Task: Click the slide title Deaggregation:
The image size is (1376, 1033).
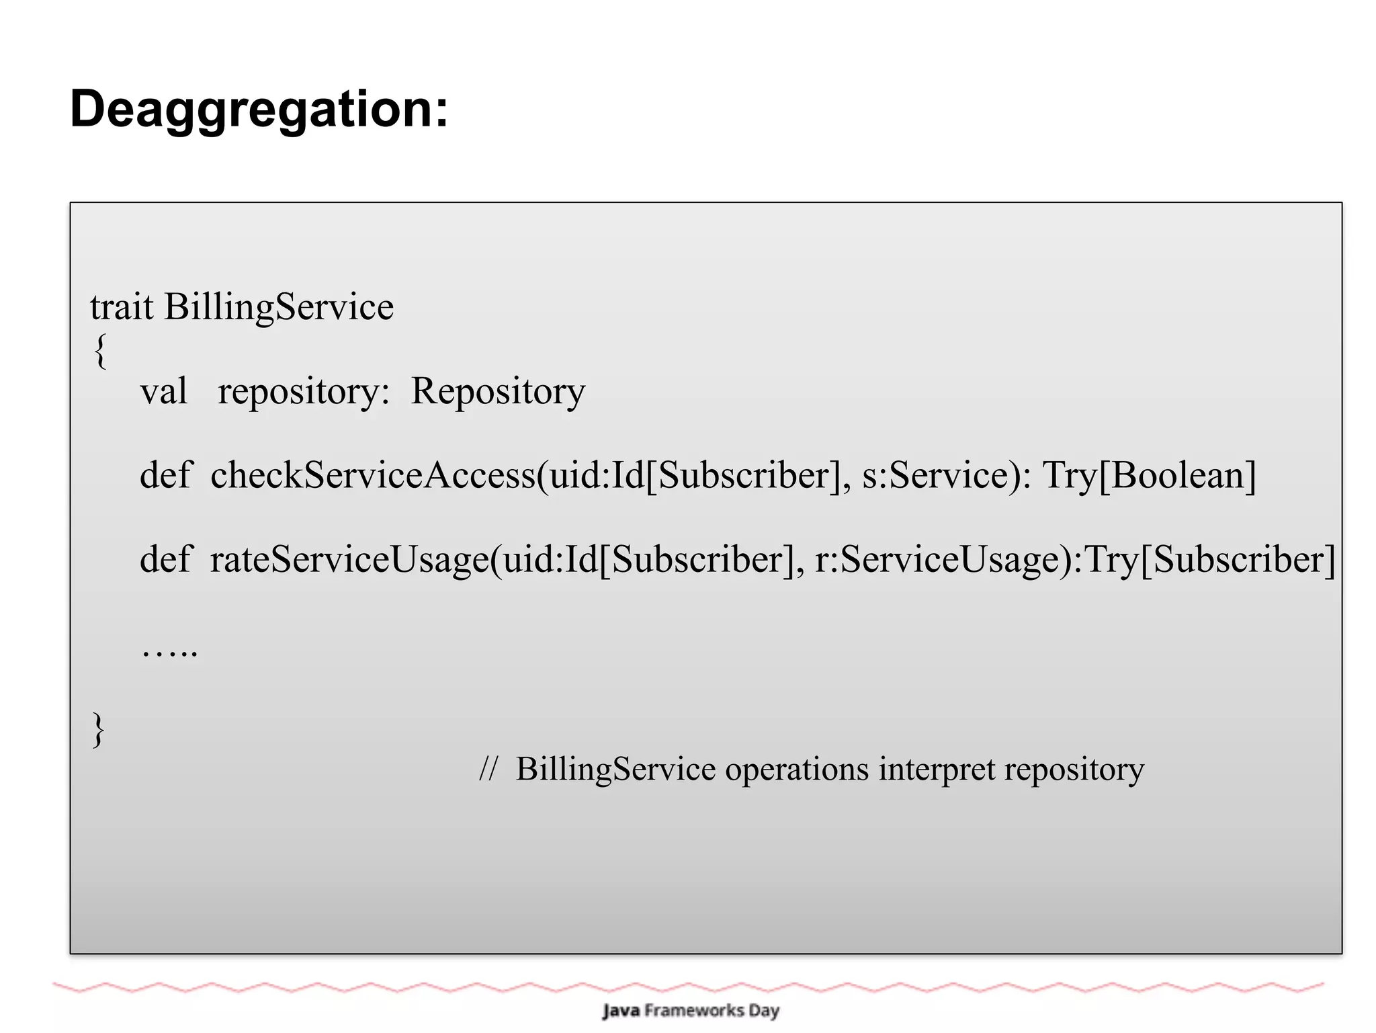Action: tap(259, 109)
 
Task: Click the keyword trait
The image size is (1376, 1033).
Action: tap(122, 307)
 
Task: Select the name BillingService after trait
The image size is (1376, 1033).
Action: tap(279, 307)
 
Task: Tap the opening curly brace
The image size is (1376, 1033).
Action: tap(100, 350)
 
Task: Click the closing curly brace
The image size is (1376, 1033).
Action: tap(98, 729)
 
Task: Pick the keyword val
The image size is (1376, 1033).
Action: tap(163, 391)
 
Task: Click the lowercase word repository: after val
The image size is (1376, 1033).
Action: tap(303, 391)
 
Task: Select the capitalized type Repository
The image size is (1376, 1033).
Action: tap(498, 391)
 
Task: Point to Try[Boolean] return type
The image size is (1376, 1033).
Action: tap(1149, 475)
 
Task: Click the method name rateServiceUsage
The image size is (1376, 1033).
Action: tap(349, 559)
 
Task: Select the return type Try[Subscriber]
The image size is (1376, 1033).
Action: tap(1209, 559)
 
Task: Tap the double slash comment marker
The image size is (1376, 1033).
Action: tap(488, 769)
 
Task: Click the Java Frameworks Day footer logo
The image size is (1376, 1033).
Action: tap(691, 1010)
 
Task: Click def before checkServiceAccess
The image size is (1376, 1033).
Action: tap(165, 475)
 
